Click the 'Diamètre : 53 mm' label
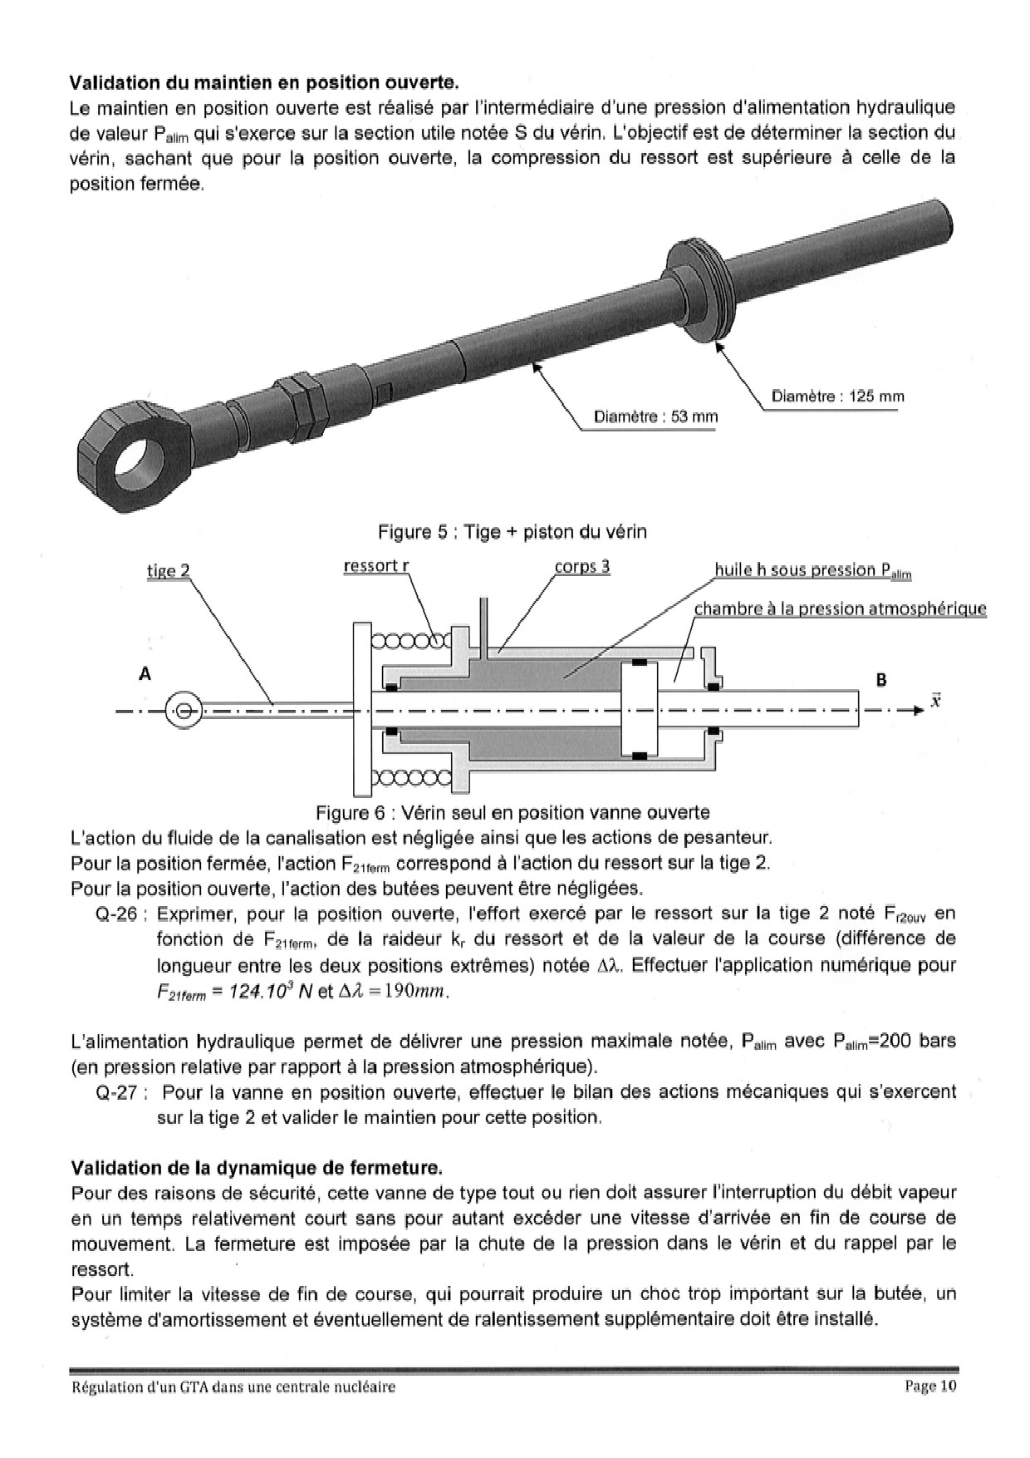pos(655,416)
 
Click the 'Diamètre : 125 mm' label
pos(837,397)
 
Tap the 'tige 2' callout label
pos(168,570)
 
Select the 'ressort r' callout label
pos(376,566)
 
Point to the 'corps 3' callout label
pos(581,566)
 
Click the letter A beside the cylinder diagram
pos(145,674)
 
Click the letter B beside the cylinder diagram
pos(881,680)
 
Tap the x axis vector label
pos(935,700)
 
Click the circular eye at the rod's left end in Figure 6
pos(184,711)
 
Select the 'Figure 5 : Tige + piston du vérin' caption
pos(512,531)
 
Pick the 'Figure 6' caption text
pos(512,812)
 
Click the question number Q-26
pos(121,914)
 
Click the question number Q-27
pos(121,1092)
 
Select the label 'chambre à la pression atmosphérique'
pos(840,608)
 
